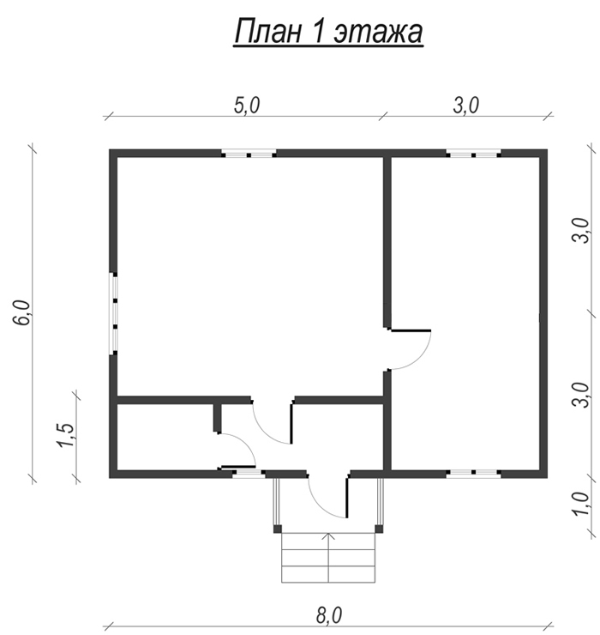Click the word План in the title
click(267, 32)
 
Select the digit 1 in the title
click(318, 32)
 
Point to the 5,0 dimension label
click(246, 106)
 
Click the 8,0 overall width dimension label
click(329, 615)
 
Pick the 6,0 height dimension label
click(21, 312)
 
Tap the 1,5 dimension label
click(66, 436)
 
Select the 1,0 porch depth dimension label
click(581, 504)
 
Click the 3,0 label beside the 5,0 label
click(465, 106)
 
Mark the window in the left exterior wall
click(115, 313)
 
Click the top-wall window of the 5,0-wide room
click(249, 154)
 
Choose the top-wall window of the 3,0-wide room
click(473, 154)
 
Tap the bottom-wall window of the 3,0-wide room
click(473, 473)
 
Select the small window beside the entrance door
click(249, 473)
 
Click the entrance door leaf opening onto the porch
click(346, 497)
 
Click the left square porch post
click(278, 529)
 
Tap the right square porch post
click(379, 529)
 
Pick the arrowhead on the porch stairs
click(328, 536)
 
